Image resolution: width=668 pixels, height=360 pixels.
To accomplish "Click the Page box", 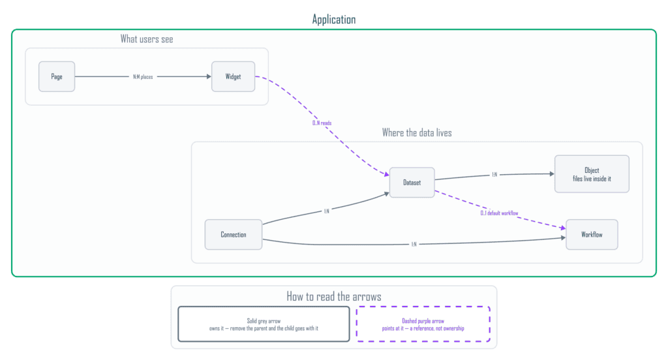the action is coord(57,77).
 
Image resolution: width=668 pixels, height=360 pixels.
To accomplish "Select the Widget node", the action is coord(233,77).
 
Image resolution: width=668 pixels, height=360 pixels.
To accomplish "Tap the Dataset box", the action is coord(412,183).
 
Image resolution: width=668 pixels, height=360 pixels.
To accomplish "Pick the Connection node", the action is coord(234,234).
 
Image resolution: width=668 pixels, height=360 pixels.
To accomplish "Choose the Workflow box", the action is coord(592,234).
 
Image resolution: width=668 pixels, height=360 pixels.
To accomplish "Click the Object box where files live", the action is coord(592,174).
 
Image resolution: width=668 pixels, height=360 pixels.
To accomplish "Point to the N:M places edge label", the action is coord(143,77).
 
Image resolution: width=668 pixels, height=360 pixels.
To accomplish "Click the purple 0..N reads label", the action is coord(322,123).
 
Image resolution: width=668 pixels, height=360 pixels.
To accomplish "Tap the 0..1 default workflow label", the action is coord(499,213).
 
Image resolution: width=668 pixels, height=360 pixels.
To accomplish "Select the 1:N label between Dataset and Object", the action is coord(494,174).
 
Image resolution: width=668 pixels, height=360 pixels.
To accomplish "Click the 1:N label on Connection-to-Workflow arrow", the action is coord(414,244).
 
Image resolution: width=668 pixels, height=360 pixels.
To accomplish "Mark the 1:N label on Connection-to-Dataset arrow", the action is coord(326,211).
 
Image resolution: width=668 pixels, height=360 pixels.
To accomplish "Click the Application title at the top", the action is coord(334,19).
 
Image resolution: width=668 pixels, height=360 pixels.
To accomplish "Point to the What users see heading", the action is coord(147,39).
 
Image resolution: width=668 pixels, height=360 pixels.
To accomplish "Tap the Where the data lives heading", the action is coord(417,133).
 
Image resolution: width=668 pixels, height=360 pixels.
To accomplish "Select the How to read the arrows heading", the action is coord(334,297).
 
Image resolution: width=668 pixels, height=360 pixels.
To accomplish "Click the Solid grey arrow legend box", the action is coord(264,324).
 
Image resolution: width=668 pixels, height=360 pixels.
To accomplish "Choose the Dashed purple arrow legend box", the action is coord(423,324).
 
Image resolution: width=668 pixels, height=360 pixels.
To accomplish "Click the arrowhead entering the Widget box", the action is coord(209,77).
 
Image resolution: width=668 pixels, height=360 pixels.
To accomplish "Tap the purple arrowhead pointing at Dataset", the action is coord(387,174).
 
